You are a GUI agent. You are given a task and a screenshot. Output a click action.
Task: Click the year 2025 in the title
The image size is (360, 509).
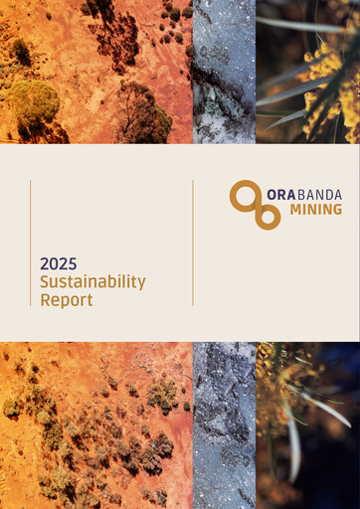tap(58, 264)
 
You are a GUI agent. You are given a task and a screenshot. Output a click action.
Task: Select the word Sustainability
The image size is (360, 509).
tap(92, 282)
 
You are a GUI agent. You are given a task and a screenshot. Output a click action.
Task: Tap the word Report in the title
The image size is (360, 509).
tap(67, 299)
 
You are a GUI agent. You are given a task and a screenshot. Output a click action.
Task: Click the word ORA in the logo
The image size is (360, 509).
tap(279, 195)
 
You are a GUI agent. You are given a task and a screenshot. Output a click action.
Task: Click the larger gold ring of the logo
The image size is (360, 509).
tap(243, 195)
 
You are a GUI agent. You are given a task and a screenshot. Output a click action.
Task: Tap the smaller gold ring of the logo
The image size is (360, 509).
tap(267, 216)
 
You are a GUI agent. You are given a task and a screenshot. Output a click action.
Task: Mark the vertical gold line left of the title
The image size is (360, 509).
tap(31, 243)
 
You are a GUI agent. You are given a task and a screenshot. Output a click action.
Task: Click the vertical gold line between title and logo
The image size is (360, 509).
tap(193, 243)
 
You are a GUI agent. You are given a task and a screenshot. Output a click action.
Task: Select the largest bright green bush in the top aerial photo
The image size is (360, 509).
tap(33, 99)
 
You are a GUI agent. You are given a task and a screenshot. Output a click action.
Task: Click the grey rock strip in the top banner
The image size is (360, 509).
tap(224, 72)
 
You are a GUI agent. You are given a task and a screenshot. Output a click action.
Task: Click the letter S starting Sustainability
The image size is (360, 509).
tap(45, 282)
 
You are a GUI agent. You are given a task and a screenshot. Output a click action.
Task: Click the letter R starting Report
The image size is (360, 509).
tap(46, 299)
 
